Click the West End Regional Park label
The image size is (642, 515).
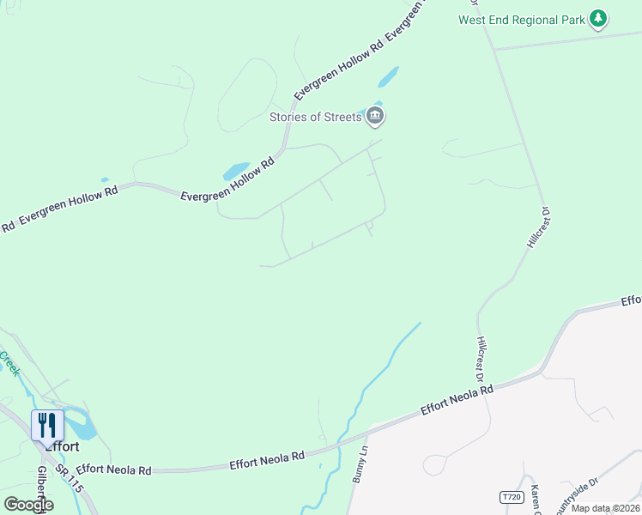521,20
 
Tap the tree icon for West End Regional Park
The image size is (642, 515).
599,18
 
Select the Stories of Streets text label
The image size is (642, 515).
315,117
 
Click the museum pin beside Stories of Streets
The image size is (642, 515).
374,115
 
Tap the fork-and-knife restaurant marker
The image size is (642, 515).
47,424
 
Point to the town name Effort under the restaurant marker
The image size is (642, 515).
62,446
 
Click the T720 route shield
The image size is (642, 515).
511,497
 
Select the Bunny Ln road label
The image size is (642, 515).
360,463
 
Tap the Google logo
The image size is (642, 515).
27,505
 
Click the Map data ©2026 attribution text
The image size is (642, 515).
605,508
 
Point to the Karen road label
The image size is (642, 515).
536,499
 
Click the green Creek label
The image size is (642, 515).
10,362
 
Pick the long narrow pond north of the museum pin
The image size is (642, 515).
389,77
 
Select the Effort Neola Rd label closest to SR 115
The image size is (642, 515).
113,470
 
